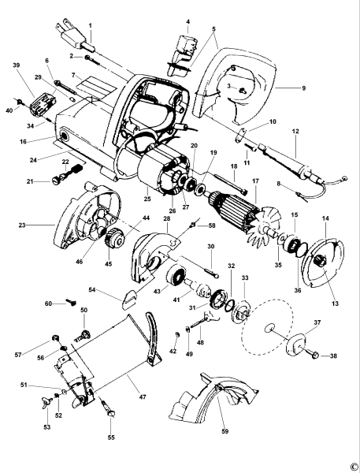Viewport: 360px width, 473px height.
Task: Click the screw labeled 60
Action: (x=70, y=302)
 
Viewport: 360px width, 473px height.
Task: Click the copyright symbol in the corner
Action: (x=353, y=467)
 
